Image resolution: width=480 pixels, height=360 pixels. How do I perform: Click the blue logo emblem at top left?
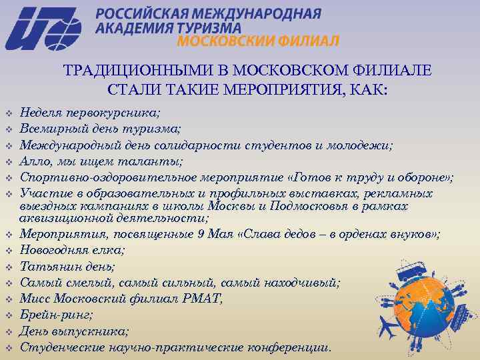point(43,28)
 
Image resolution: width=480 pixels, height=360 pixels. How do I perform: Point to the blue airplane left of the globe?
point(386,327)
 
